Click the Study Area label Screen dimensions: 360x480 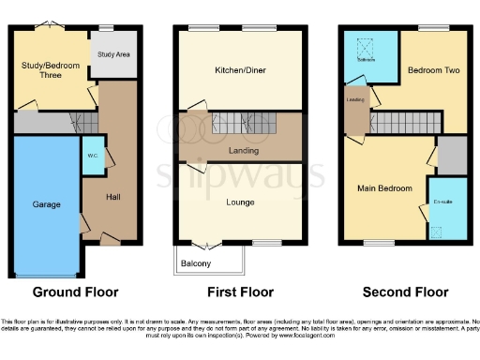point(113,55)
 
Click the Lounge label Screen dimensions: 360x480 point(242,201)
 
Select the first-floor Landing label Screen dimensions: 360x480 point(242,150)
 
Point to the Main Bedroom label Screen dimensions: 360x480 point(384,188)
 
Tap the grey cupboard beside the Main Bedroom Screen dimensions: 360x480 point(451,155)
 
